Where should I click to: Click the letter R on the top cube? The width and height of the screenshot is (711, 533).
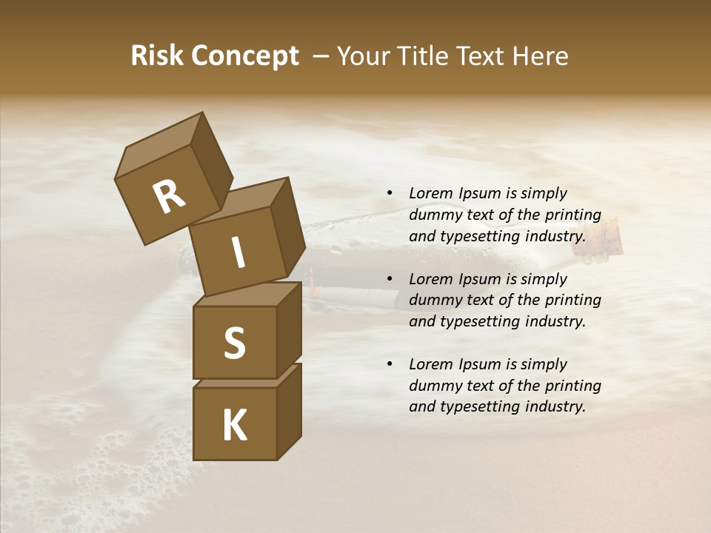[x=169, y=197]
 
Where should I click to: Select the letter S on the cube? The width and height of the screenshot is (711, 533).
[x=234, y=343]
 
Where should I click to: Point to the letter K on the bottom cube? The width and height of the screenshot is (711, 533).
[x=234, y=426]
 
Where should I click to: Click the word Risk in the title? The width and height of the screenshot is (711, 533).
[x=158, y=56]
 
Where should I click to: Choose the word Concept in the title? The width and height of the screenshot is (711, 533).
[x=245, y=56]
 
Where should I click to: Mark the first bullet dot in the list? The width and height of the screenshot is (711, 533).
[x=390, y=193]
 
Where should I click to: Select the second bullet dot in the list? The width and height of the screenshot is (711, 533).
[x=390, y=279]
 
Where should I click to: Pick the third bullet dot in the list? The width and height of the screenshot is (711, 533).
[x=390, y=364]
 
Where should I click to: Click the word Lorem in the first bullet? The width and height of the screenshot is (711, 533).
[x=430, y=193]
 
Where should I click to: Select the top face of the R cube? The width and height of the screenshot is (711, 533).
[x=158, y=151]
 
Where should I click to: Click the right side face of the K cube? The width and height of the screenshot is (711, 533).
[x=289, y=411]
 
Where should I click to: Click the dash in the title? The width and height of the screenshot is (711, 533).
[x=321, y=56]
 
